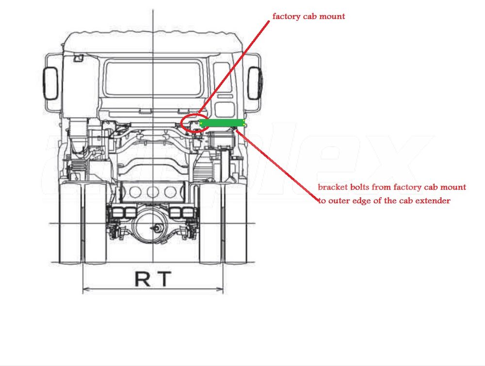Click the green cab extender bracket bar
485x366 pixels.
pos(221,123)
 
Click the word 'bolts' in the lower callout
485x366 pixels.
pos(359,187)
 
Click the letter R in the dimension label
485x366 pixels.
pos(142,279)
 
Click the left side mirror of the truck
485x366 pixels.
pos(50,83)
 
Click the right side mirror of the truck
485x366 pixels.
pos(255,83)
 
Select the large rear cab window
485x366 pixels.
pos(153,78)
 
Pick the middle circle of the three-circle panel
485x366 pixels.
pos(153,192)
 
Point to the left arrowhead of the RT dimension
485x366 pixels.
pos(85,290)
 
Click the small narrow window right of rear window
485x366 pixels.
pos(223,78)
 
